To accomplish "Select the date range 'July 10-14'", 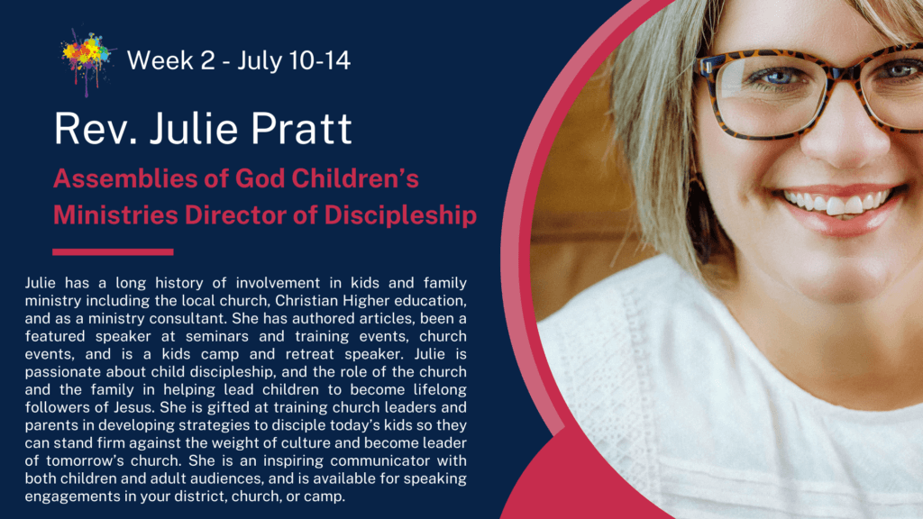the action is (x=295, y=61).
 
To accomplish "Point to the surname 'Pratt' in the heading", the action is (x=301, y=128).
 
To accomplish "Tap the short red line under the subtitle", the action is (x=113, y=252).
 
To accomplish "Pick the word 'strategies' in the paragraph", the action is (x=211, y=426).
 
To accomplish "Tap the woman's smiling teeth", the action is (x=839, y=202).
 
